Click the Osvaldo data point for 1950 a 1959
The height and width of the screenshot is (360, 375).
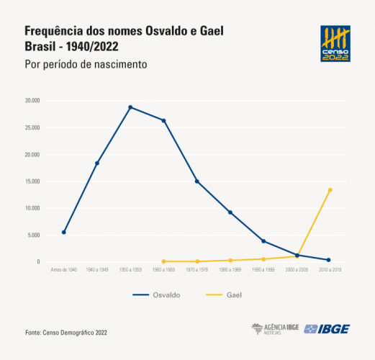pos(130,107)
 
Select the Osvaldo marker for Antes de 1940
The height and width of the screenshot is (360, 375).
pos(64,233)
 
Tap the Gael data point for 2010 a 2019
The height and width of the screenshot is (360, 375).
pos(330,190)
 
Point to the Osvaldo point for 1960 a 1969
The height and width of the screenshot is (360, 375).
pos(163,120)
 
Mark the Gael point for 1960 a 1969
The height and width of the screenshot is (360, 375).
pos(163,261)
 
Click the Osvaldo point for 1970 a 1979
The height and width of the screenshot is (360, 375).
pos(196,181)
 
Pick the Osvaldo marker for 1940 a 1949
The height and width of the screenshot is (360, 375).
pos(97,163)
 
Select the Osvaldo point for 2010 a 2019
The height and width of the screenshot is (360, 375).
pos(329,260)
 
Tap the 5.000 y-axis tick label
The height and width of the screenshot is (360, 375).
pos(32,235)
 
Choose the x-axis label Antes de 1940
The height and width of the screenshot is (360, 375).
pos(64,270)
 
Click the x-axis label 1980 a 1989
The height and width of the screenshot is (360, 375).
pos(230,270)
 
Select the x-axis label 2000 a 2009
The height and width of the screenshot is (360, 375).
pos(296,270)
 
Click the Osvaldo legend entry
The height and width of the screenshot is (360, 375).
pos(156,295)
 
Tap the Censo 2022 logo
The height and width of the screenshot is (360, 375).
pos(335,44)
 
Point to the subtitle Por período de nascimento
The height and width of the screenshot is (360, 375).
pos(86,64)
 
